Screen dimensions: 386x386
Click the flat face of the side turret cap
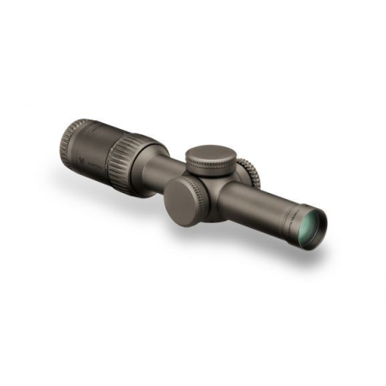[x=182, y=202]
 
